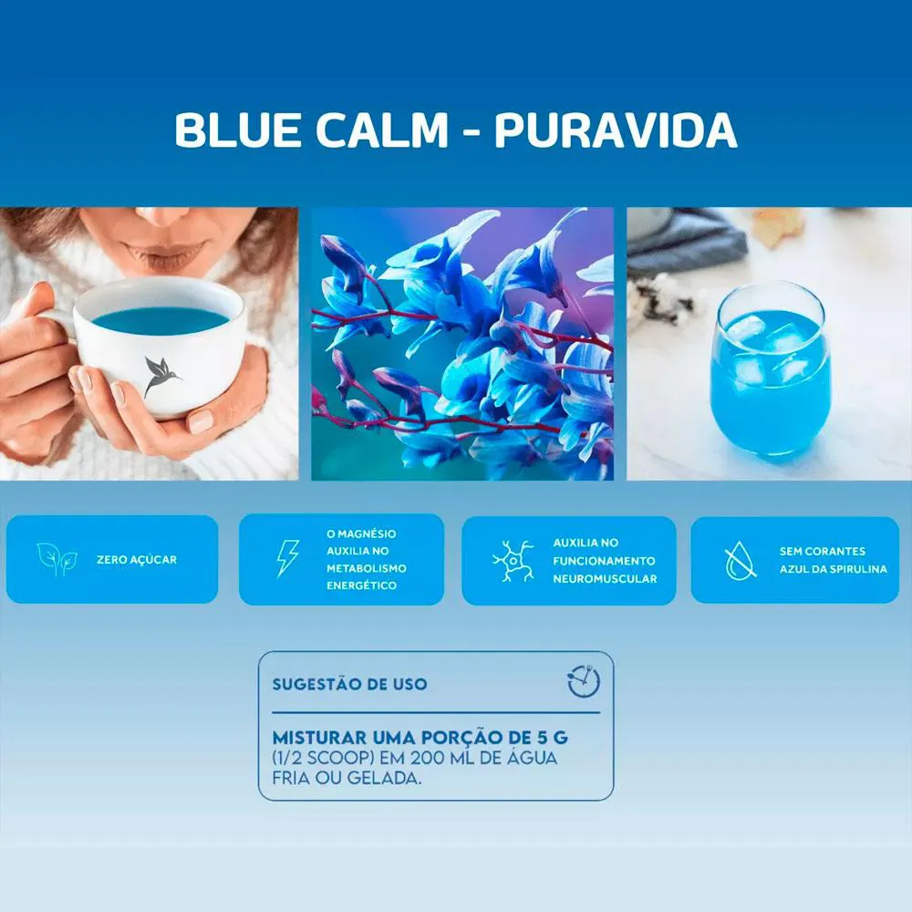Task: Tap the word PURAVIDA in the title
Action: tap(616, 130)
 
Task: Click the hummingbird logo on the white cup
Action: tap(161, 376)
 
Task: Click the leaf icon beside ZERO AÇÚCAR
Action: tap(57, 559)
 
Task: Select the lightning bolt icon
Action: tap(287, 558)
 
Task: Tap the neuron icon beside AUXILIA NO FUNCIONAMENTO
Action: tap(513, 561)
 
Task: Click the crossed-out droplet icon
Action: tap(741, 561)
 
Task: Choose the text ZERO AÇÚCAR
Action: tap(137, 560)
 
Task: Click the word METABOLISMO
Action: tap(367, 568)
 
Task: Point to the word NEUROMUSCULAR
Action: tap(605, 579)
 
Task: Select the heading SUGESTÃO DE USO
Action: tap(349, 684)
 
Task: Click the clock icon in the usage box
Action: tap(584, 681)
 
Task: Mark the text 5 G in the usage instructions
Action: tap(552, 738)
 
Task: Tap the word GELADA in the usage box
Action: tap(385, 778)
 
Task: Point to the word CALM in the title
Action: tap(382, 130)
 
